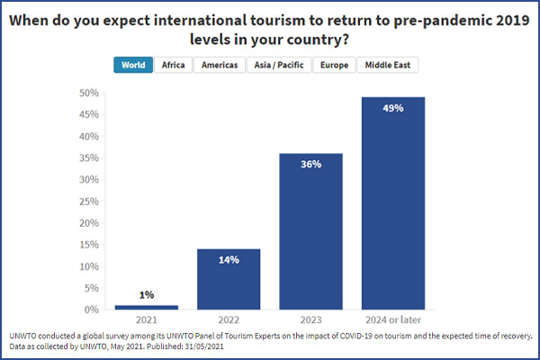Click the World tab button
(x=132, y=65)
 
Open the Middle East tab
(x=388, y=65)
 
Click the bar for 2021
(x=147, y=307)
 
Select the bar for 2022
(x=229, y=279)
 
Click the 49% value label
(x=392, y=108)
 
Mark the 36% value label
(x=310, y=165)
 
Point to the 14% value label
(x=229, y=260)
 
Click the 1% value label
(x=147, y=295)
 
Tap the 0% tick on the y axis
(x=89, y=310)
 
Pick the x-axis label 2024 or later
(x=392, y=320)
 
